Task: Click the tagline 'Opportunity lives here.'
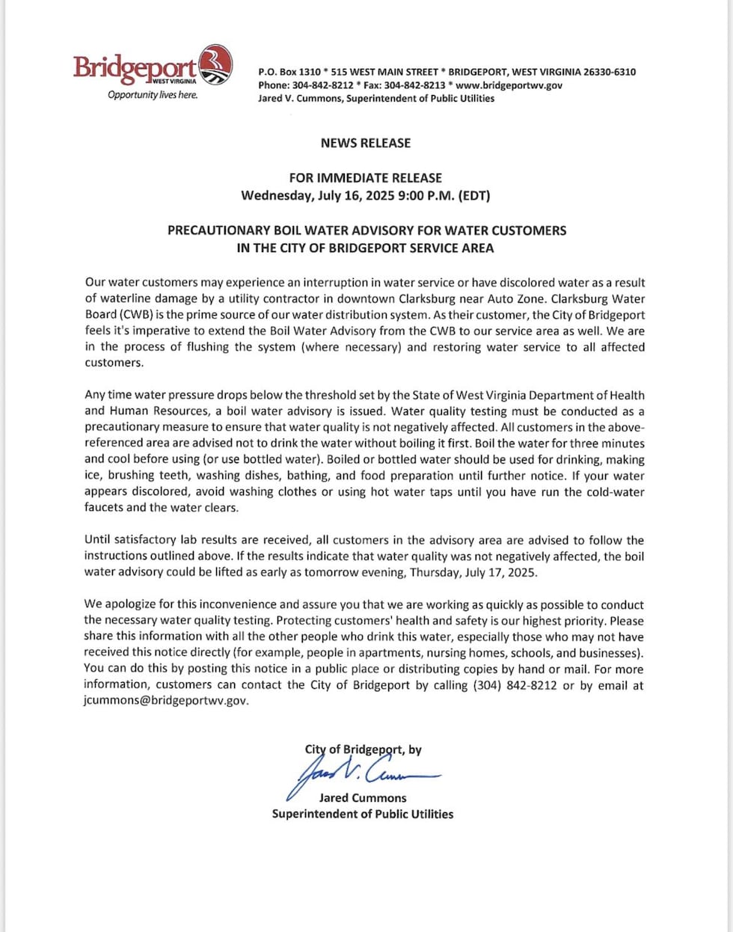(x=153, y=95)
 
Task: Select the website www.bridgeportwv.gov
(x=509, y=85)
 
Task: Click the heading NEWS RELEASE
(x=366, y=143)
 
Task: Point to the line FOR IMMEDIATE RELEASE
(x=366, y=178)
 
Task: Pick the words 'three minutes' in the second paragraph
(x=610, y=444)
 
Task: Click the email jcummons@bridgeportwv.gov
(x=165, y=701)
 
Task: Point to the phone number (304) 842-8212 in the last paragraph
(x=515, y=685)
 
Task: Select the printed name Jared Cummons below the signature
(x=363, y=798)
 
